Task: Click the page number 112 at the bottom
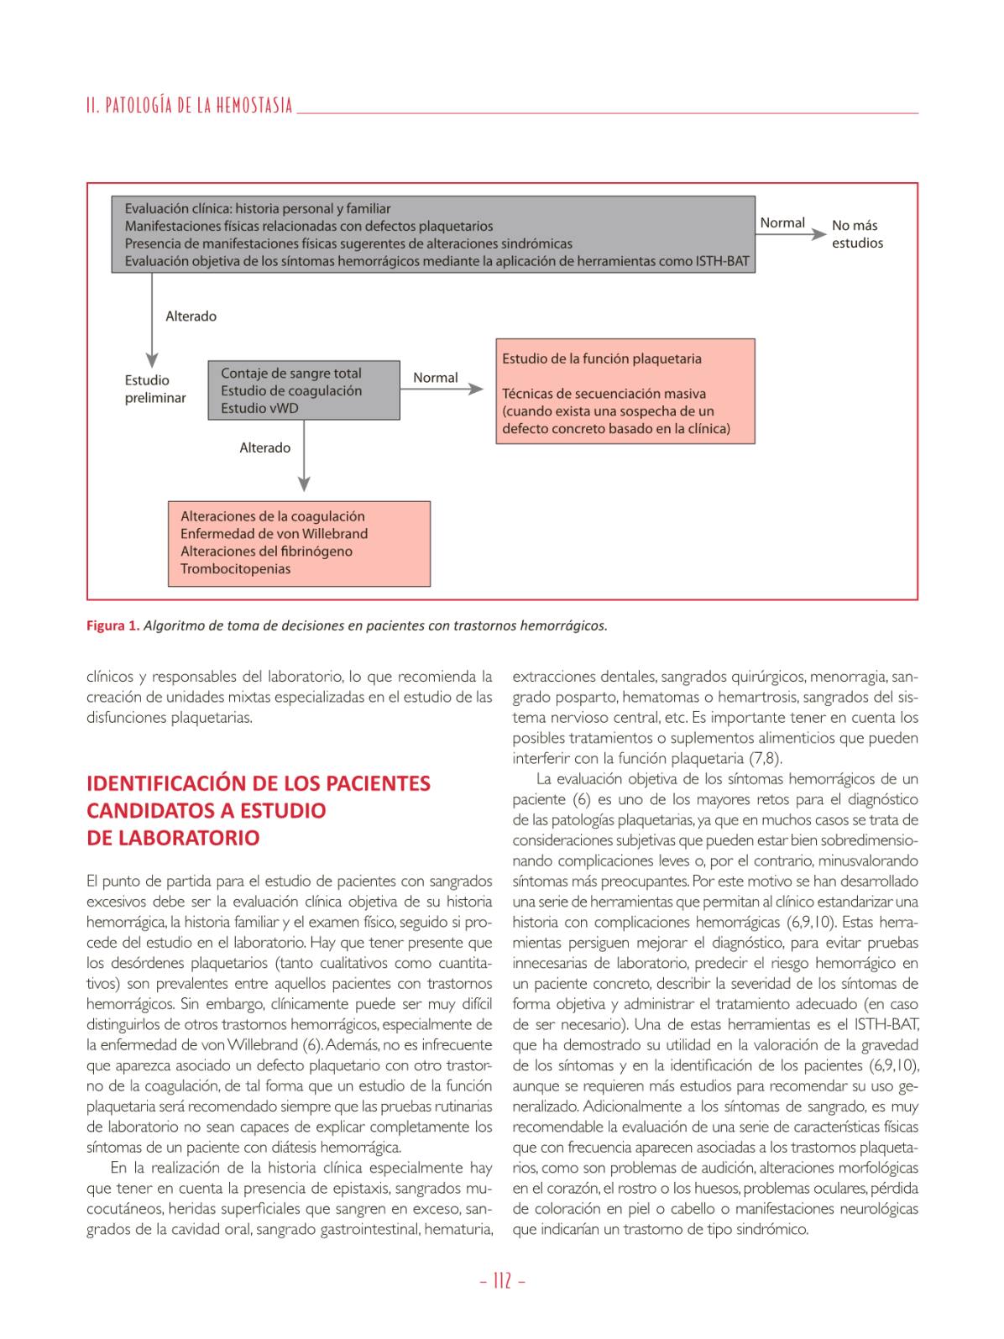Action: pyautogui.click(x=502, y=1280)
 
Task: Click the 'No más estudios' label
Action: pyautogui.click(x=857, y=234)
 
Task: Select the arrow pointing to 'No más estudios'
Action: pyautogui.click(x=792, y=235)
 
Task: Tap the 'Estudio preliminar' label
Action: pyautogui.click(x=155, y=389)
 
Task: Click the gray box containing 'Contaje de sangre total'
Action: pyautogui.click(x=303, y=390)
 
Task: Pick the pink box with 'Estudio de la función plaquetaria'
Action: pyautogui.click(x=625, y=391)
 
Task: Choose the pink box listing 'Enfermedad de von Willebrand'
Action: pyautogui.click(x=301, y=543)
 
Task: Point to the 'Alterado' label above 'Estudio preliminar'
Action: pyautogui.click(x=191, y=316)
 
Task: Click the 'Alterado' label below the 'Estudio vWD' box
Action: pyautogui.click(x=264, y=447)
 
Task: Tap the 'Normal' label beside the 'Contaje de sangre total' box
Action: pyautogui.click(x=435, y=378)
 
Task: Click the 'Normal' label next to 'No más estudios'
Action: pyautogui.click(x=782, y=222)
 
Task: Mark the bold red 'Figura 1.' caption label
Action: pyautogui.click(x=112, y=625)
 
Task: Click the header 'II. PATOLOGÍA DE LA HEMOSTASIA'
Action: pyautogui.click(x=190, y=106)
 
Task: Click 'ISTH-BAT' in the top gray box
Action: pyautogui.click(x=722, y=261)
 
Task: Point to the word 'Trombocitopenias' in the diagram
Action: pyautogui.click(x=235, y=569)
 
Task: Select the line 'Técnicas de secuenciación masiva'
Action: pyautogui.click(x=604, y=394)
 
